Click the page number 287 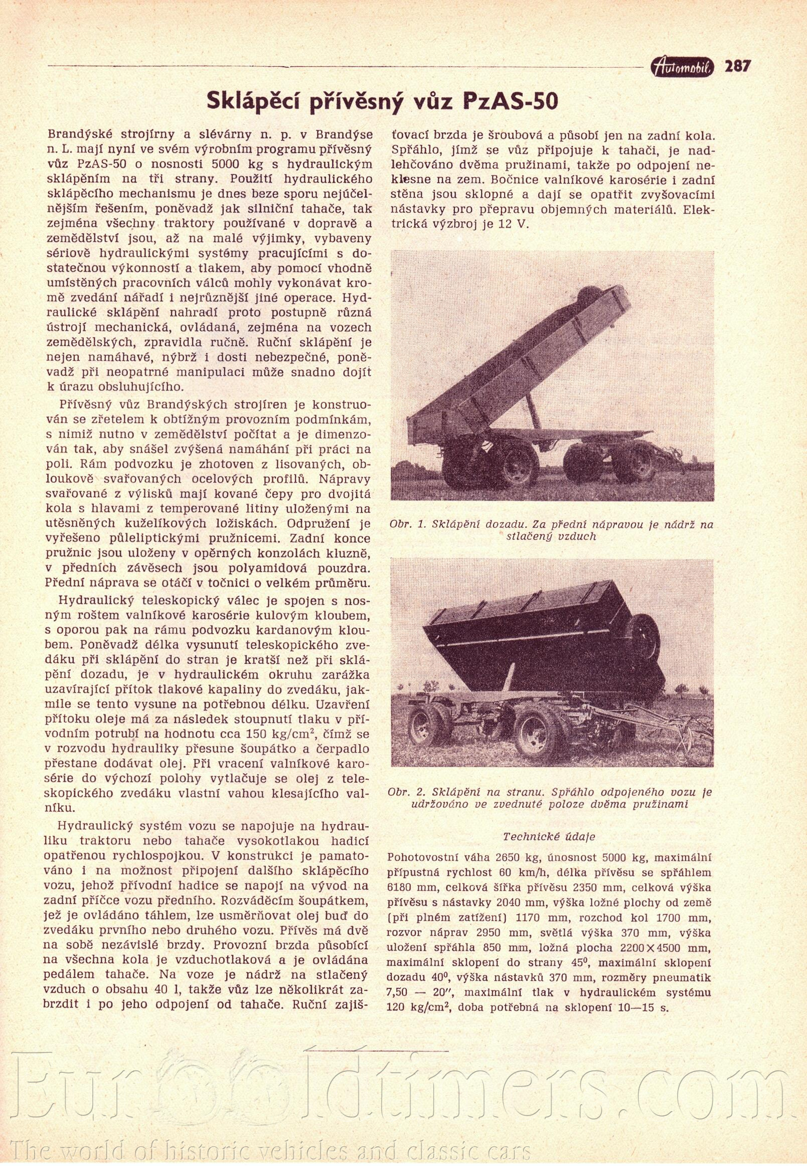click(x=738, y=66)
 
